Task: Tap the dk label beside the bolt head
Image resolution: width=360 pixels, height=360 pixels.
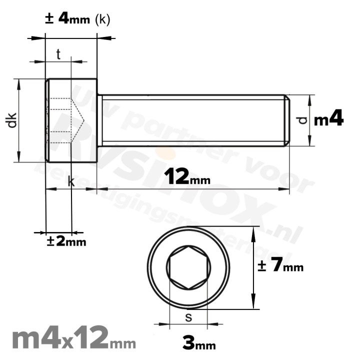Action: tap(12, 120)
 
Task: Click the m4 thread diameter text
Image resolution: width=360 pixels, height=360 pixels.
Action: tap(328, 119)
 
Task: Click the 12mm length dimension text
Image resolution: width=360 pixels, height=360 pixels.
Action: tap(186, 176)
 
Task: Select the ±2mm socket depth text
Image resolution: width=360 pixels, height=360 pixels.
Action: tap(66, 241)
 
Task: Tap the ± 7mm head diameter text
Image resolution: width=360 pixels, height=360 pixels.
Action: tap(280, 266)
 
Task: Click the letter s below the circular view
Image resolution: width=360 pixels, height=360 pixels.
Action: tap(188, 317)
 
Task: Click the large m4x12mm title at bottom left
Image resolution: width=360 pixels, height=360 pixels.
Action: tap(73, 339)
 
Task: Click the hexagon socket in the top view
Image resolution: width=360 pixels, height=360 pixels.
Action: tap(189, 268)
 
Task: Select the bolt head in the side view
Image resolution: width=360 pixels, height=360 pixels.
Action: tap(71, 120)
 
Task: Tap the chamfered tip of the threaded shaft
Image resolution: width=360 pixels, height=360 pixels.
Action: tap(287, 120)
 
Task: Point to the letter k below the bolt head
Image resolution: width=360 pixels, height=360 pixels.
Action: tap(71, 182)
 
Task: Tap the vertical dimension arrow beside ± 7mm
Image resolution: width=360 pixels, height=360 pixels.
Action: tap(255, 268)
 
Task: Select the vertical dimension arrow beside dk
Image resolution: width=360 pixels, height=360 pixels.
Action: tap(19, 120)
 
